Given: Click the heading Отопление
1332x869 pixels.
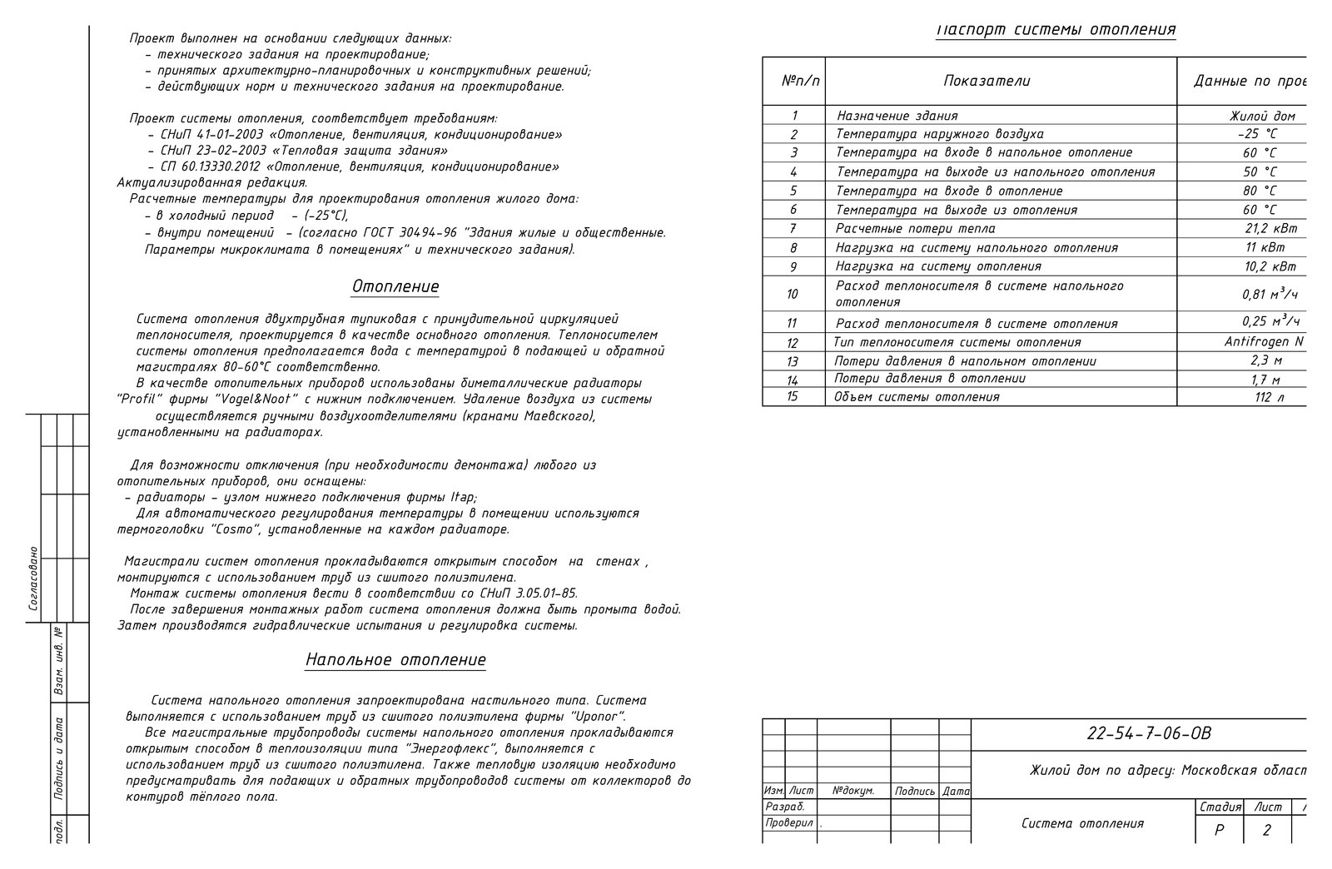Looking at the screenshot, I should pyautogui.click(x=395, y=287).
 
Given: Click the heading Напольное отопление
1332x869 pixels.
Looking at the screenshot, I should pyautogui.click(x=395, y=660).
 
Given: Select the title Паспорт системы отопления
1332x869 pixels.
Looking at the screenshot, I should pyautogui.click(x=1056, y=30).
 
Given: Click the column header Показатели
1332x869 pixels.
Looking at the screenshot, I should pyautogui.click(x=987, y=81).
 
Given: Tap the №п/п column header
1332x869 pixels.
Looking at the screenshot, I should pyautogui.click(x=801, y=81).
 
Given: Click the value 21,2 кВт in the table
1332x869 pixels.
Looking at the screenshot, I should pyautogui.click(x=1270, y=228).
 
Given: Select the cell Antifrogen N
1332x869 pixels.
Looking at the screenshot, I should pyautogui.click(x=1264, y=342).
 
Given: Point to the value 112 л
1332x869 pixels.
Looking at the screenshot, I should pyautogui.click(x=1270, y=397).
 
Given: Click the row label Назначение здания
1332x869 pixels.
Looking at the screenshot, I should pyautogui.click(x=897, y=116).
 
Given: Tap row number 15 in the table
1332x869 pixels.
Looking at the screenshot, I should pyautogui.click(x=792, y=396).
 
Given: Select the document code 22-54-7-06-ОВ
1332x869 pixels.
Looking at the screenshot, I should pyautogui.click(x=1149, y=734).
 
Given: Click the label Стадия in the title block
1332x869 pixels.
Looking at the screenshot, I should pyautogui.click(x=1220, y=807).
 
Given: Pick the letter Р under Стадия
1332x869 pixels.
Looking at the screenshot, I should pyautogui.click(x=1220, y=830).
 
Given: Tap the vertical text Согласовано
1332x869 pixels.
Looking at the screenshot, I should pyautogui.click(x=33, y=579).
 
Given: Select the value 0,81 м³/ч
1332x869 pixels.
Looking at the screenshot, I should pyautogui.click(x=1270, y=294).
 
